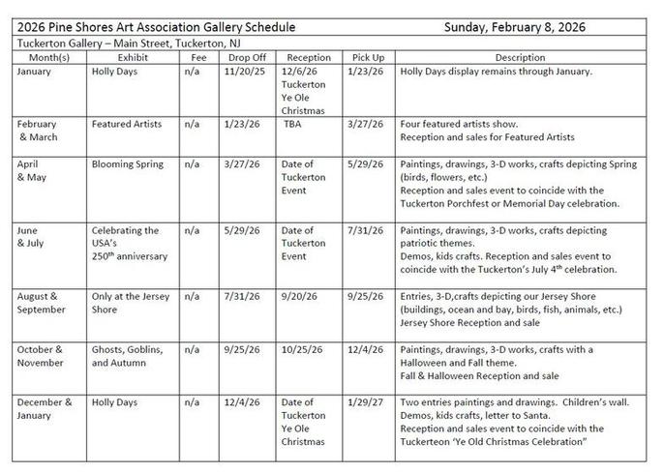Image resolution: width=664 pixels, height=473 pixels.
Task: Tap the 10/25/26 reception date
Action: [302, 349]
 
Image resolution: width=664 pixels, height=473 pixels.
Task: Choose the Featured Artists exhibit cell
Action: [126, 124]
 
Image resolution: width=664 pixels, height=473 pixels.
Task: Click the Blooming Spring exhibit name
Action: [128, 164]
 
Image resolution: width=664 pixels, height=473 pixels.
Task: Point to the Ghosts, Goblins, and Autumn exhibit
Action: [127, 355]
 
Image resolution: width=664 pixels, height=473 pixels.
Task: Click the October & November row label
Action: [41, 355]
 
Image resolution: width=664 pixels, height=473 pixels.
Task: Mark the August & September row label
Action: [41, 301]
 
